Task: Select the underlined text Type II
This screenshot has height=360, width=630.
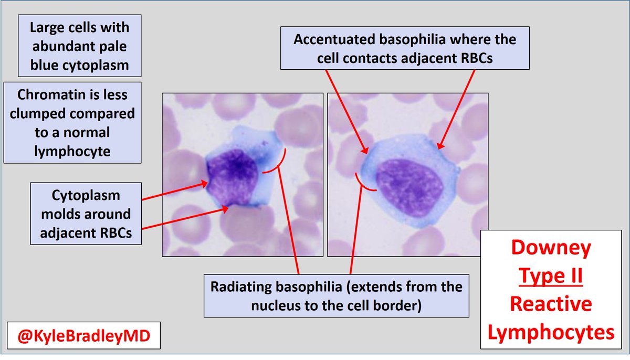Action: (x=551, y=276)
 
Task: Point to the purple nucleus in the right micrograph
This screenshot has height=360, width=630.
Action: (x=409, y=181)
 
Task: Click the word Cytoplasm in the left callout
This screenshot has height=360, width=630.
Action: (x=86, y=195)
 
